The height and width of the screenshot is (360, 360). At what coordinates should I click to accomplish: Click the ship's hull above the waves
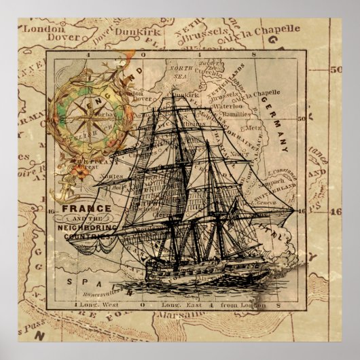(204, 264)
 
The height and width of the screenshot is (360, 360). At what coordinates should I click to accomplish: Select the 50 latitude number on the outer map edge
(335, 69)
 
